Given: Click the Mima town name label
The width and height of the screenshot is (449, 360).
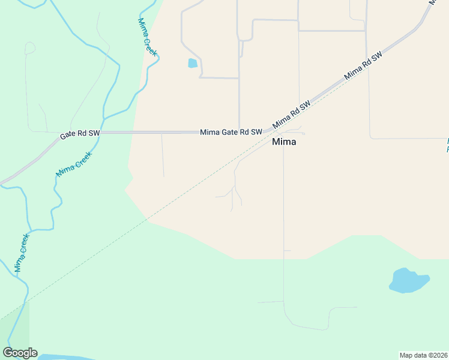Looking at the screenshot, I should coord(284,142).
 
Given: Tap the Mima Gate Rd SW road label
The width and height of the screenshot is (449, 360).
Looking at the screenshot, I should coord(231,132).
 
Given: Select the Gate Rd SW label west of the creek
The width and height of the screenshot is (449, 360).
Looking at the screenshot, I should coord(80,134).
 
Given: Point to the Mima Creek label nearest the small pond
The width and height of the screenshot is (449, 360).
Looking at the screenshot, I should coord(147,37).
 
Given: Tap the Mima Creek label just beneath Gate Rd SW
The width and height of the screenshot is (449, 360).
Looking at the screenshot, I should coord(74,164).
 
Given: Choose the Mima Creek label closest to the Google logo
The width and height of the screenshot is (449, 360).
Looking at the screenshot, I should coord(22,253).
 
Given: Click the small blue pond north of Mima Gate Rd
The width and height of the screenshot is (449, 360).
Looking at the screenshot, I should coord(192,63).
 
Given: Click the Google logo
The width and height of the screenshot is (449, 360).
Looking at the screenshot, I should coord(20,353).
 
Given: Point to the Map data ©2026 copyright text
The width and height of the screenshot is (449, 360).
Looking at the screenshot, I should coord(423,355).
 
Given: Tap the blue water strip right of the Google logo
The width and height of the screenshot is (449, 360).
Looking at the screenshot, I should coord(66,357).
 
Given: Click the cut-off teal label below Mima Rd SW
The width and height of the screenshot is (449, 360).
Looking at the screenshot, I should coord(447,145).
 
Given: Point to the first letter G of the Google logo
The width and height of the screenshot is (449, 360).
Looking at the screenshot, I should coord(8,353).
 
